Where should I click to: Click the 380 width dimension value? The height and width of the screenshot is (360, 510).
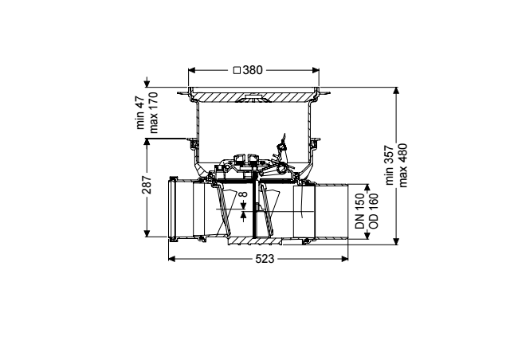click(252, 70)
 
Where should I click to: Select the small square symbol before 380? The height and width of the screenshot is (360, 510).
click(237, 70)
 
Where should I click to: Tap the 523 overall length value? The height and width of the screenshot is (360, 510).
click(265, 259)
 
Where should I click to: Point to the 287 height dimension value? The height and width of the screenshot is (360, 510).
click(147, 185)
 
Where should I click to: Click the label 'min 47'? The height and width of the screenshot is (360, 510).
click(140, 112)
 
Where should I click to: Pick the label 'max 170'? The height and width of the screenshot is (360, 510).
click(153, 112)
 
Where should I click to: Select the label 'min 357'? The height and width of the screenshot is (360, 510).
click(390, 165)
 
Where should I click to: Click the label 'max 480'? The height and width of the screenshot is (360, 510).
click(402, 165)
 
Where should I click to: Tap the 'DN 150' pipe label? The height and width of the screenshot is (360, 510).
click(360, 211)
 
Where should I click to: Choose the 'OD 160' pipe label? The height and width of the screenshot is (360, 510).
click(374, 211)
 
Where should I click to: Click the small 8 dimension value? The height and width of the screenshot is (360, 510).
click(243, 194)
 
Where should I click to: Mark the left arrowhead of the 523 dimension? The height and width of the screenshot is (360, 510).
click(172, 259)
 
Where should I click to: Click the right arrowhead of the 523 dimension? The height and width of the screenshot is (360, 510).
click(344, 259)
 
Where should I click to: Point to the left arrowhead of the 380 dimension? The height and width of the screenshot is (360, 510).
click(192, 70)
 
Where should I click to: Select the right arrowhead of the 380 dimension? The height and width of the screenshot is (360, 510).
click(316, 70)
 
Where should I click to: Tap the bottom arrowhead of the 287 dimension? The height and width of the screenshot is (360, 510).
click(147, 233)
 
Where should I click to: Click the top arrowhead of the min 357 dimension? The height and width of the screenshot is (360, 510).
click(396, 91)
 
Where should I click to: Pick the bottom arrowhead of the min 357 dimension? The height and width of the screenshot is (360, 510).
click(396, 241)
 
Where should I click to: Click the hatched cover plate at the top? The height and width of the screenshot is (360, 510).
click(253, 96)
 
